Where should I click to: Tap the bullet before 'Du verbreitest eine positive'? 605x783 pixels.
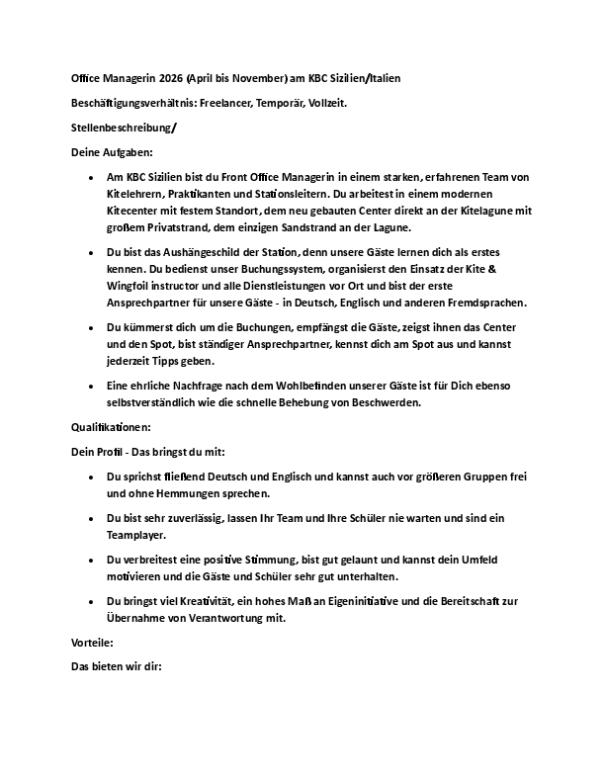pyautogui.click(x=91, y=560)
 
